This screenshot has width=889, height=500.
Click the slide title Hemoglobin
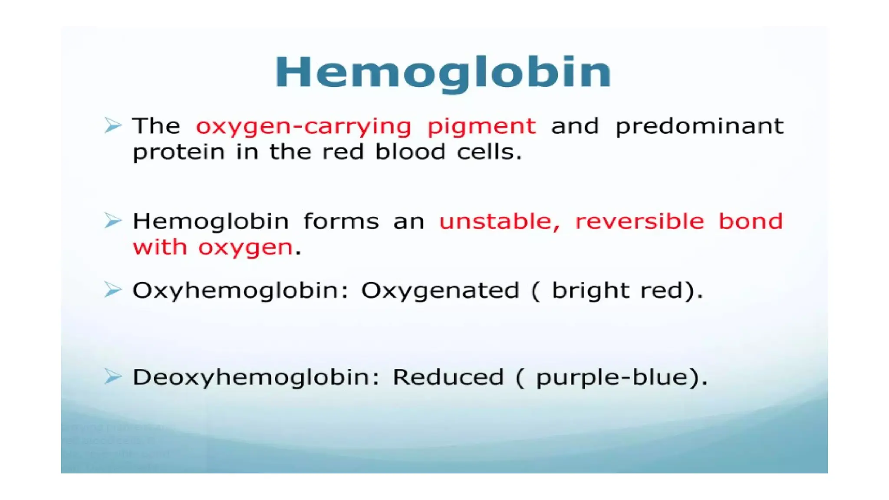point(443,72)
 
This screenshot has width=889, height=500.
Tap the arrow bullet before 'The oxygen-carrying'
point(113,125)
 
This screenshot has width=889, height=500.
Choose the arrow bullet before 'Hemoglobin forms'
point(113,221)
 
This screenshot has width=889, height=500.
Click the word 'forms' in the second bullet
point(341,221)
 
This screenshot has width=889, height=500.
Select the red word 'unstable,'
point(500,221)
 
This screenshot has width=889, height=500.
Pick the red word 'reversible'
point(639,221)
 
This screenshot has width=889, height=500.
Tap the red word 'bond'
point(751,221)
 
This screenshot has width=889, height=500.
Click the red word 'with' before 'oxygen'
point(160,247)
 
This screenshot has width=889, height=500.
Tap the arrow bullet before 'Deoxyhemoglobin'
point(113,376)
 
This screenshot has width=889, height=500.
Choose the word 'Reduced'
point(448,377)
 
